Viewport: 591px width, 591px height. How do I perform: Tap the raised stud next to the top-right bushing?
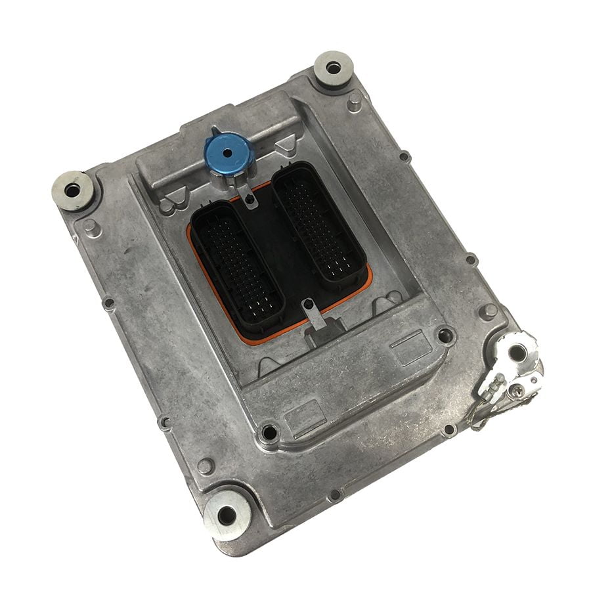pos(354,100)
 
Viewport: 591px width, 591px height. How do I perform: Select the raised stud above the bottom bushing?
pos(206,465)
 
